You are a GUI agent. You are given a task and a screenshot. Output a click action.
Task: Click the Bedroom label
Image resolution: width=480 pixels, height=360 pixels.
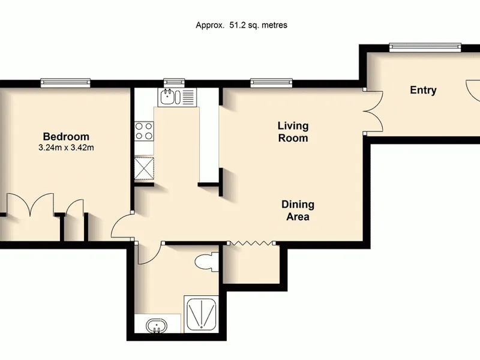click(66, 137)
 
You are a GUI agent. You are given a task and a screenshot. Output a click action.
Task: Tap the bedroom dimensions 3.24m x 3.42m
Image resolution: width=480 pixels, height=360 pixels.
click(66, 148)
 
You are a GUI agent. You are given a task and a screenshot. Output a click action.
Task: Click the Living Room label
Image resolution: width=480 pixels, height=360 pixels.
click(293, 131)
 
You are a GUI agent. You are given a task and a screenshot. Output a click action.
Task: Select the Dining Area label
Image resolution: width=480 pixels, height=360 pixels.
click(298, 211)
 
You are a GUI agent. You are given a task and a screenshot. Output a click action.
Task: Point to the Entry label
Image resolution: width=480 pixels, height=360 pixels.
click(423, 90)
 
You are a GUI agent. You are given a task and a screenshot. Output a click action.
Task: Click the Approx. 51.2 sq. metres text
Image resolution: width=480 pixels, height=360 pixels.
click(242, 25)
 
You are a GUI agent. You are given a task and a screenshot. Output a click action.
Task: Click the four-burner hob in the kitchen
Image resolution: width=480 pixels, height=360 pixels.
click(144, 131)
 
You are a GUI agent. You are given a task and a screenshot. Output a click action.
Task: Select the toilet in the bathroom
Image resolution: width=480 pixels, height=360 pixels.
click(207, 262)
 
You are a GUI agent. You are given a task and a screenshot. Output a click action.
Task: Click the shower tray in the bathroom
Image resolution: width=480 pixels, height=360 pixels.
click(202, 314)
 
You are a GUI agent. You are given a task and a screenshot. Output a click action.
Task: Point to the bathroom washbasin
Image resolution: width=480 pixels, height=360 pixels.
click(157, 326)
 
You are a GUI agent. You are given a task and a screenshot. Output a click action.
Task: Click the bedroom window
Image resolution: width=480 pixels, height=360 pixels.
click(65, 83)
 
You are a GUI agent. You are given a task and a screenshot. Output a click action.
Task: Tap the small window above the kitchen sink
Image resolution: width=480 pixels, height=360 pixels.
click(174, 83)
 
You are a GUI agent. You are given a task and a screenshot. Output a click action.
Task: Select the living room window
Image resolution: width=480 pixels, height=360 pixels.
click(271, 83)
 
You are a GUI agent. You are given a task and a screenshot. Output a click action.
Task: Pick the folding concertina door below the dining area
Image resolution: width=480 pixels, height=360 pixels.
click(251, 243)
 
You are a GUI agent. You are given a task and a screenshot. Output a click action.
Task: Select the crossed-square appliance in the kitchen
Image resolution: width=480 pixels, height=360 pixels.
click(144, 168)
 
